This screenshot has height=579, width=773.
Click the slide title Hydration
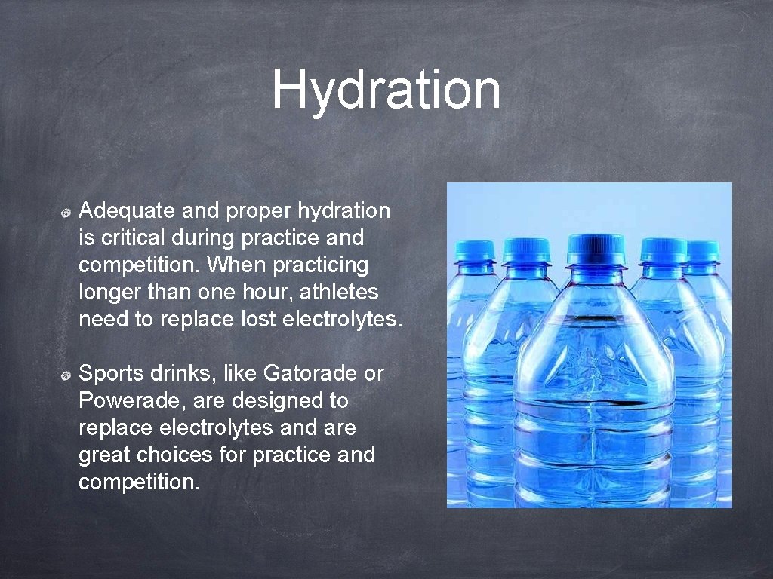coord(386,90)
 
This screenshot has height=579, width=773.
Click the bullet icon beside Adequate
coord(66,213)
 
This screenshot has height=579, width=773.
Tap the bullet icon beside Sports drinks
coord(66,375)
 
